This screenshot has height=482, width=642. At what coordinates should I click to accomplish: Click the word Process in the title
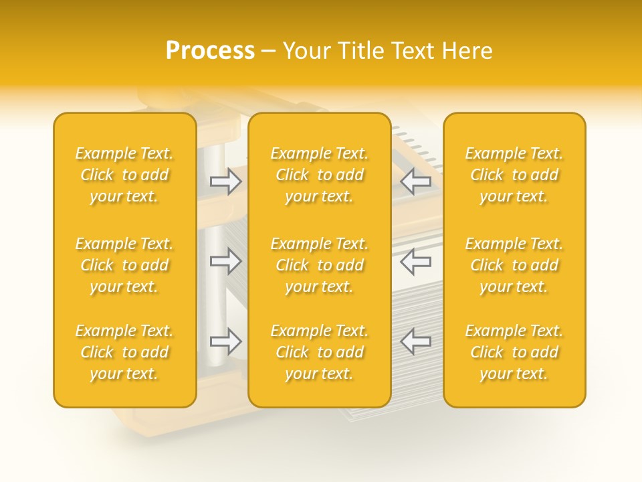[210, 51]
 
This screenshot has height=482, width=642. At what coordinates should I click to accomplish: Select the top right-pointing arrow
[226, 181]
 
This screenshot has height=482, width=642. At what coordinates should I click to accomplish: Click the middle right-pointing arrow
[226, 260]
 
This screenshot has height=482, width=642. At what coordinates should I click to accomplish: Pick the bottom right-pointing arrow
[226, 341]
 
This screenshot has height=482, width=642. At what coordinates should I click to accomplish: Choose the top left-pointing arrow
[415, 181]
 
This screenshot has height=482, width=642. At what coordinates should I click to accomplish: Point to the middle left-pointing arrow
[415, 260]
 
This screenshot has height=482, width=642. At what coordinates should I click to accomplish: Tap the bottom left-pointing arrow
[415, 341]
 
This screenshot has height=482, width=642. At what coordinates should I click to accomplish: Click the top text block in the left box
[124, 175]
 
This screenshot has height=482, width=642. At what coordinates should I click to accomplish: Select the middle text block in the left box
[124, 265]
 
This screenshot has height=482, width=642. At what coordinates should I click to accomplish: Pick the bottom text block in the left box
[124, 352]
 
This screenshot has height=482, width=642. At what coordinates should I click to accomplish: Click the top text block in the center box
[320, 175]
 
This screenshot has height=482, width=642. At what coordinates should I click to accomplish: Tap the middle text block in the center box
[320, 265]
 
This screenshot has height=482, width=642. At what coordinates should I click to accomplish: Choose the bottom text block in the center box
[320, 352]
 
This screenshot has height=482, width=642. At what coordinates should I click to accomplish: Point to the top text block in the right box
[514, 175]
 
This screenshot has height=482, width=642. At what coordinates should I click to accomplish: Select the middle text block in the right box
[514, 265]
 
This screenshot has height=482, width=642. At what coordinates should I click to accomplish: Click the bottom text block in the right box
[514, 352]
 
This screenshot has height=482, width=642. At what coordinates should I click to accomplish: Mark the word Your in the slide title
[306, 51]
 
